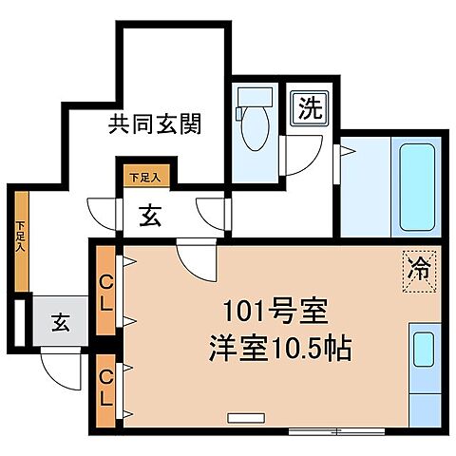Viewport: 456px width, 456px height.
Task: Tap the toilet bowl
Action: pyautogui.click(x=255, y=131)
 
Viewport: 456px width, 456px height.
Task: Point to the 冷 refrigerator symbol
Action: pyautogui.click(x=418, y=267)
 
